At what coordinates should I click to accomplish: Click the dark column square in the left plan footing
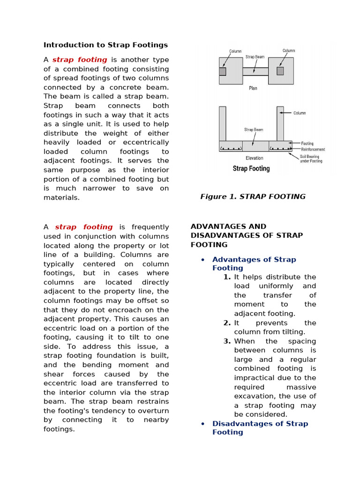[x=223, y=71]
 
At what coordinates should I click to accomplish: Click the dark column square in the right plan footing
[x=280, y=71]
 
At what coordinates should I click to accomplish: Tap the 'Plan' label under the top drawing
[x=253, y=88]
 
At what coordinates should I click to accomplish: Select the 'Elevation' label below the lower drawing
[x=255, y=158]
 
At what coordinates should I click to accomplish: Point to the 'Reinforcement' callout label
[x=313, y=150]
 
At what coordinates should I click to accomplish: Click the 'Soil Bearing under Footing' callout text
[x=311, y=158]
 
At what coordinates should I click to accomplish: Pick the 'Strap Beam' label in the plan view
[x=255, y=57]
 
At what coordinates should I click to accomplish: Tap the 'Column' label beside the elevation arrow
[x=300, y=113]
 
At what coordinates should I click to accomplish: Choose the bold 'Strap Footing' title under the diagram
[x=251, y=169]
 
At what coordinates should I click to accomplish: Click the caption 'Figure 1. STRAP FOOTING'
[x=253, y=196]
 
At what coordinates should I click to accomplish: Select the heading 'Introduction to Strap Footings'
[x=105, y=45]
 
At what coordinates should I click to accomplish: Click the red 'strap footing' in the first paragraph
[x=80, y=60]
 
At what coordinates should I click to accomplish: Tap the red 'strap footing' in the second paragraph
[x=84, y=227]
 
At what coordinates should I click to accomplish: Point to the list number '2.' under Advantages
[x=227, y=323]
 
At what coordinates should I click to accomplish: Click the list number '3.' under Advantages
[x=227, y=341]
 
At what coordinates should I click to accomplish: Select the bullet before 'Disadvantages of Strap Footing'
[x=202, y=424]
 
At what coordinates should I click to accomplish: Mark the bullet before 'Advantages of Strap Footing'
[x=202, y=260]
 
